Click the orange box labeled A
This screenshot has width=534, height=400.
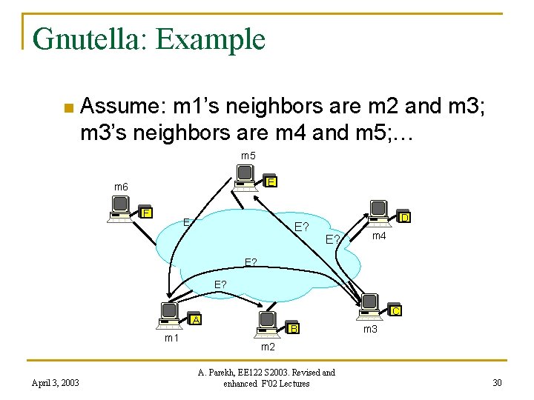click(196, 319)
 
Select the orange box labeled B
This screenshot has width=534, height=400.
click(294, 328)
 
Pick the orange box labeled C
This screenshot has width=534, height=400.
click(396, 311)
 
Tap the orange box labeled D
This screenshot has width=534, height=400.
click(405, 218)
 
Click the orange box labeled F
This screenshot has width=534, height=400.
click(148, 213)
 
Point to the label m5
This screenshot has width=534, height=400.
click(248, 156)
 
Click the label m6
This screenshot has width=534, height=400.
click(121, 187)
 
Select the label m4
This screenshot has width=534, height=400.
click(379, 236)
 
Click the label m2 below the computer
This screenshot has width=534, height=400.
click(268, 347)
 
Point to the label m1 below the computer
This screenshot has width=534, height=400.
click(171, 338)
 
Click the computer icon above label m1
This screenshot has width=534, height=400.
click(171, 315)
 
